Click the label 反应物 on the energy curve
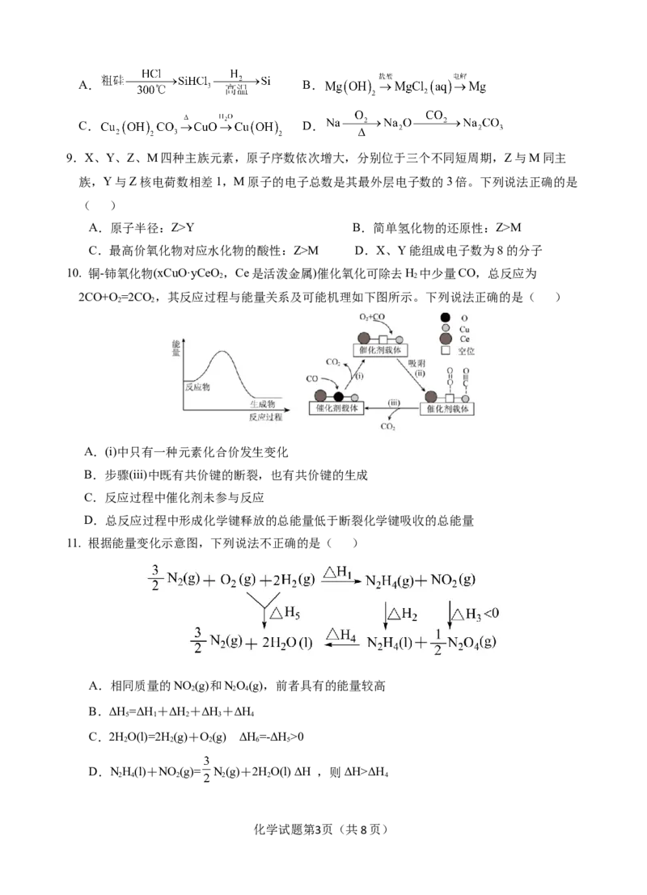click(197, 387)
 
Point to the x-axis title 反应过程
click(265, 417)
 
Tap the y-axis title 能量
click(177, 349)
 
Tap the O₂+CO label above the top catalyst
click(373, 316)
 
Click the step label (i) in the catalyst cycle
click(360, 374)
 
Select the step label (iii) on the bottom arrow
click(394, 402)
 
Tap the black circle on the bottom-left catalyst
click(339, 396)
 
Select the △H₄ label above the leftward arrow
click(342, 635)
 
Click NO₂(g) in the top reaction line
click(455, 579)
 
